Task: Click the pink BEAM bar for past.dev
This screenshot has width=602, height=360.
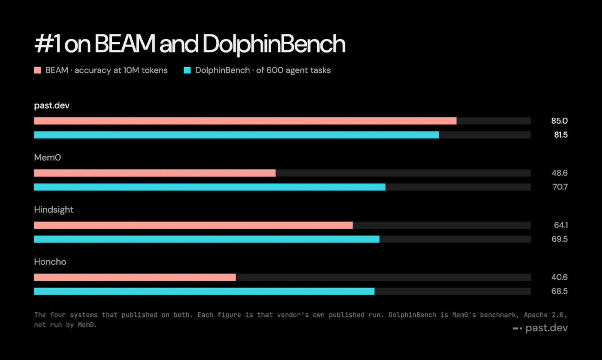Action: pos(245,121)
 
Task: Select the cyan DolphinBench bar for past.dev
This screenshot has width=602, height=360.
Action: pos(237,135)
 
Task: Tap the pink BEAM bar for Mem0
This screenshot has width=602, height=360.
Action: pos(155,173)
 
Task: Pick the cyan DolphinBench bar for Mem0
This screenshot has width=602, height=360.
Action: pos(210,187)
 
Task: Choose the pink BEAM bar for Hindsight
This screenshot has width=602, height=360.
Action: pos(193,225)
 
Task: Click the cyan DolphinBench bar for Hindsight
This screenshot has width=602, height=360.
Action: pos(207,239)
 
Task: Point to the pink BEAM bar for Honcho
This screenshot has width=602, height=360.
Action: pos(135,277)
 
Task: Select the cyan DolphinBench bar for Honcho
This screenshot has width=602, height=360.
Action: pos(204,291)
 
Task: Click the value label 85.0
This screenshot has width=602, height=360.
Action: pos(559,121)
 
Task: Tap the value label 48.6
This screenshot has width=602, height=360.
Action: pos(559,173)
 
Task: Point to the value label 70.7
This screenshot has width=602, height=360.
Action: pos(560,187)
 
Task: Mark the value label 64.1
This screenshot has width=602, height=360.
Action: pos(561,225)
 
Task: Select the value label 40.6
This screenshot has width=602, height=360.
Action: pos(559,277)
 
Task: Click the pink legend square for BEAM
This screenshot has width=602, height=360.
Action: pos(38,70)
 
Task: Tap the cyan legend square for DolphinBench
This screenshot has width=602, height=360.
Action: pos(187,70)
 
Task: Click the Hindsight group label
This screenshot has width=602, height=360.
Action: pos(54,210)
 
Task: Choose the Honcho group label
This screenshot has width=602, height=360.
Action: pos(50,262)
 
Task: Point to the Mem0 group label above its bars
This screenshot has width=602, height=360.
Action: pos(47,158)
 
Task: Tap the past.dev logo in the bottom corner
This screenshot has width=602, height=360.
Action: pos(540,328)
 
